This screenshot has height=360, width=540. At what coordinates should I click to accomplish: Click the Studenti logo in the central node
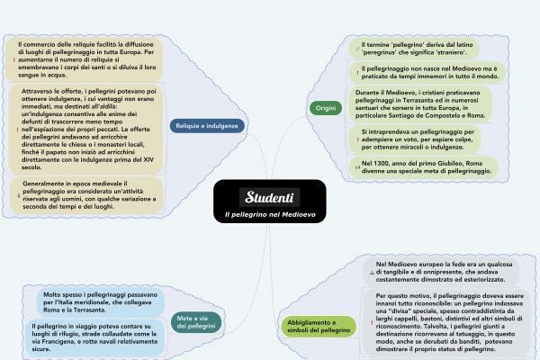pyautogui.click(x=271, y=196)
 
